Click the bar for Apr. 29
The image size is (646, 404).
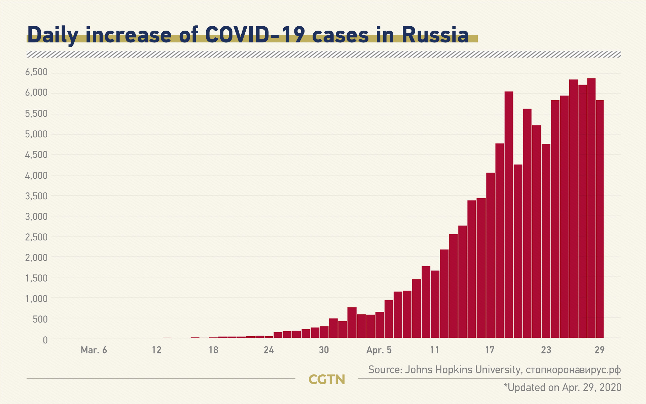tap(600, 219)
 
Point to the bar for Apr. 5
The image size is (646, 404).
tap(380, 325)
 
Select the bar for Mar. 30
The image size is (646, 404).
tap(324, 332)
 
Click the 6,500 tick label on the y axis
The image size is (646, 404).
tap(36, 72)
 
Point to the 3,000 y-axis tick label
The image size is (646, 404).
tap(36, 216)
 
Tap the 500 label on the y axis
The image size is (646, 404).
tap(40, 319)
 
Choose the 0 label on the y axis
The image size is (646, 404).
tap(45, 340)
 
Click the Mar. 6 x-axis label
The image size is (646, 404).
tap(94, 350)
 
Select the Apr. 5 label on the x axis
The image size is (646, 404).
tap(379, 350)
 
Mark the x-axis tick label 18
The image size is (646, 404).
tap(213, 350)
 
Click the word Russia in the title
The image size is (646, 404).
tap(435, 35)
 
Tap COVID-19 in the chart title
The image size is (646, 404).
tap(255, 35)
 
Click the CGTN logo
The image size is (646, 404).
tap(327, 379)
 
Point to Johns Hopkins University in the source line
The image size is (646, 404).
tap(463, 370)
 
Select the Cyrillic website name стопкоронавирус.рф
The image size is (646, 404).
tap(573, 370)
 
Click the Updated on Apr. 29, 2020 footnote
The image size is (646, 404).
tap(563, 388)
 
